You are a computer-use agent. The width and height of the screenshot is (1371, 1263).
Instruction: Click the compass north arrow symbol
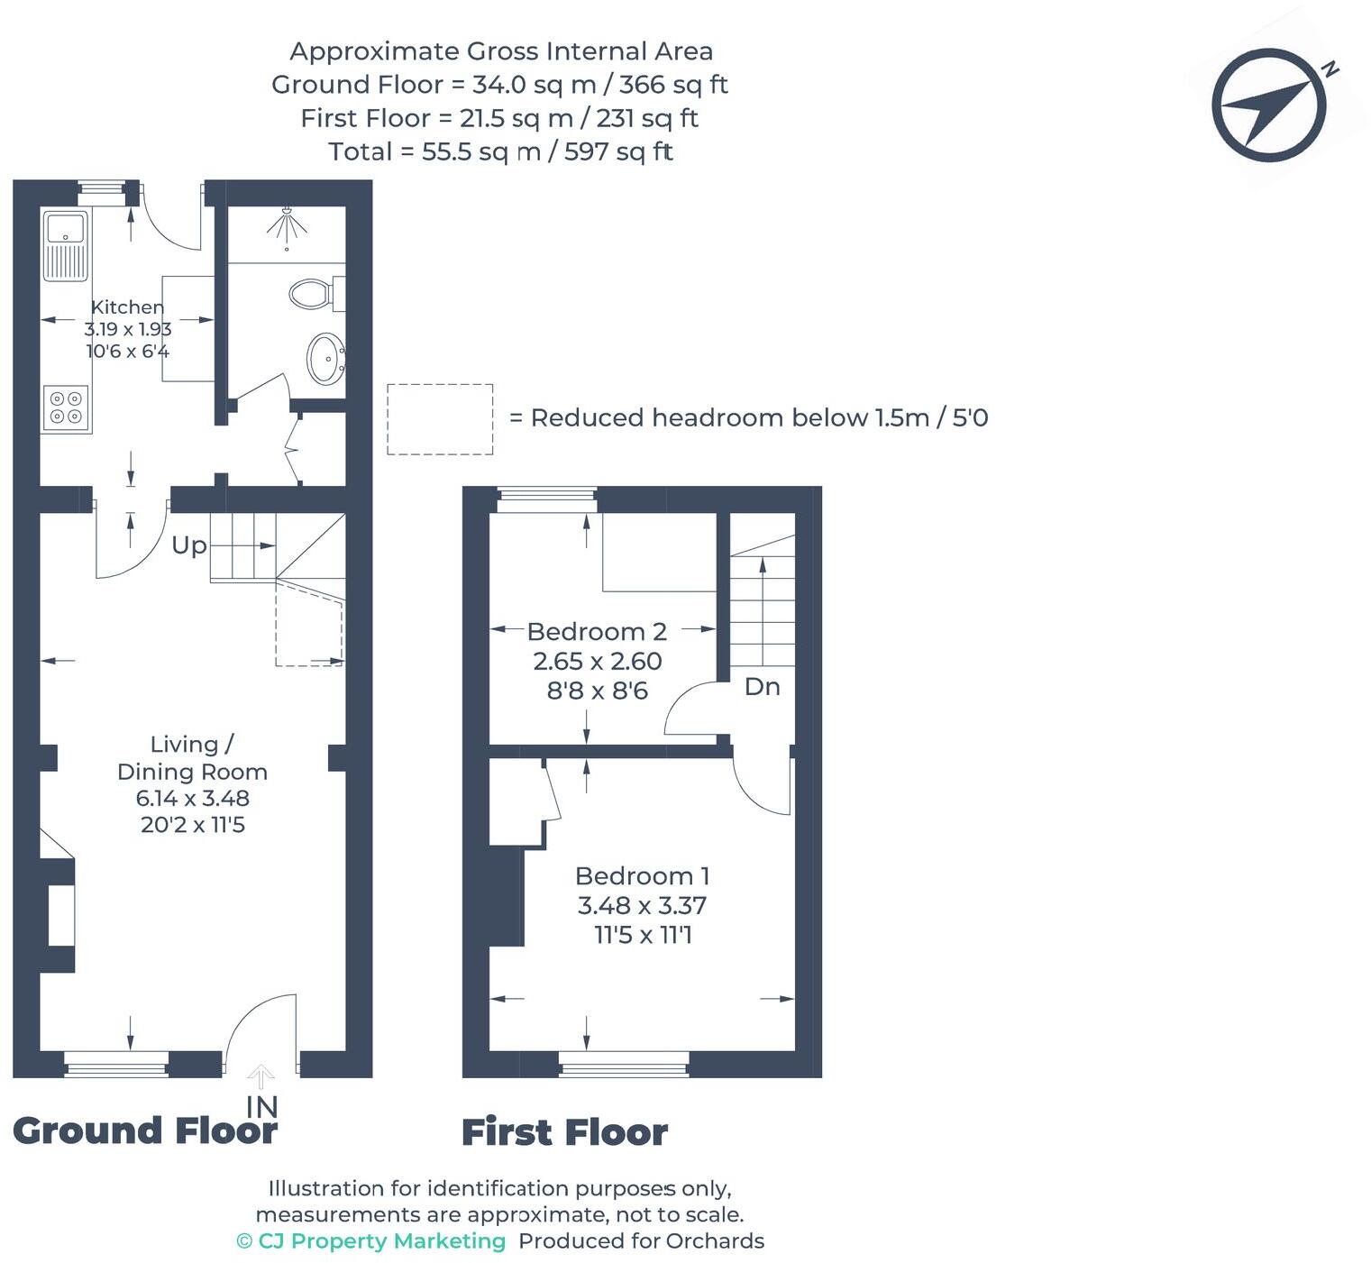tap(1269, 105)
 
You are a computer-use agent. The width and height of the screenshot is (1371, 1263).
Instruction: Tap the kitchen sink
tap(65, 245)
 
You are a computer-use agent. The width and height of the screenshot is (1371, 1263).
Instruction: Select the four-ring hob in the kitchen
tap(66, 407)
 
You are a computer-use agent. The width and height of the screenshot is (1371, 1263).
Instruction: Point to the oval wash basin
tap(325, 358)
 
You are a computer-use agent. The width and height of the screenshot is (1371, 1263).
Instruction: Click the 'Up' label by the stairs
tap(189, 545)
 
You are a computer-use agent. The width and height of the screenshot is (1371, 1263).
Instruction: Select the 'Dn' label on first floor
tap(762, 687)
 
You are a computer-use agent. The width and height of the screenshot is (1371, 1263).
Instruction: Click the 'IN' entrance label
tap(261, 1105)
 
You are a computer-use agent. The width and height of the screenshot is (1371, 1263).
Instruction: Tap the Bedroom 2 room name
tap(597, 632)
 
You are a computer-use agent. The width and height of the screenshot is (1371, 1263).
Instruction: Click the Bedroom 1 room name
tap(642, 876)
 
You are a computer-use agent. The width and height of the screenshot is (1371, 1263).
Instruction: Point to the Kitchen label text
tap(127, 307)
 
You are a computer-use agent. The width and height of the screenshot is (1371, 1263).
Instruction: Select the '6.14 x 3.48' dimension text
tap(192, 798)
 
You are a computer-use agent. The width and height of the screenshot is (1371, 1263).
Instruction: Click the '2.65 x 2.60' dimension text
tap(597, 662)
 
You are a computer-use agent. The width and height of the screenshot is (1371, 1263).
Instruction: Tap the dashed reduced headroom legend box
tap(440, 419)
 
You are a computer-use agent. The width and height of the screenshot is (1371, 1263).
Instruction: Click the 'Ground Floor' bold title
tap(145, 1130)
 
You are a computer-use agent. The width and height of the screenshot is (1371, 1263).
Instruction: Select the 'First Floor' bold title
tap(564, 1132)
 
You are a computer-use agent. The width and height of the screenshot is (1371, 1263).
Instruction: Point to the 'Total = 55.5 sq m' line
tap(500, 151)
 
